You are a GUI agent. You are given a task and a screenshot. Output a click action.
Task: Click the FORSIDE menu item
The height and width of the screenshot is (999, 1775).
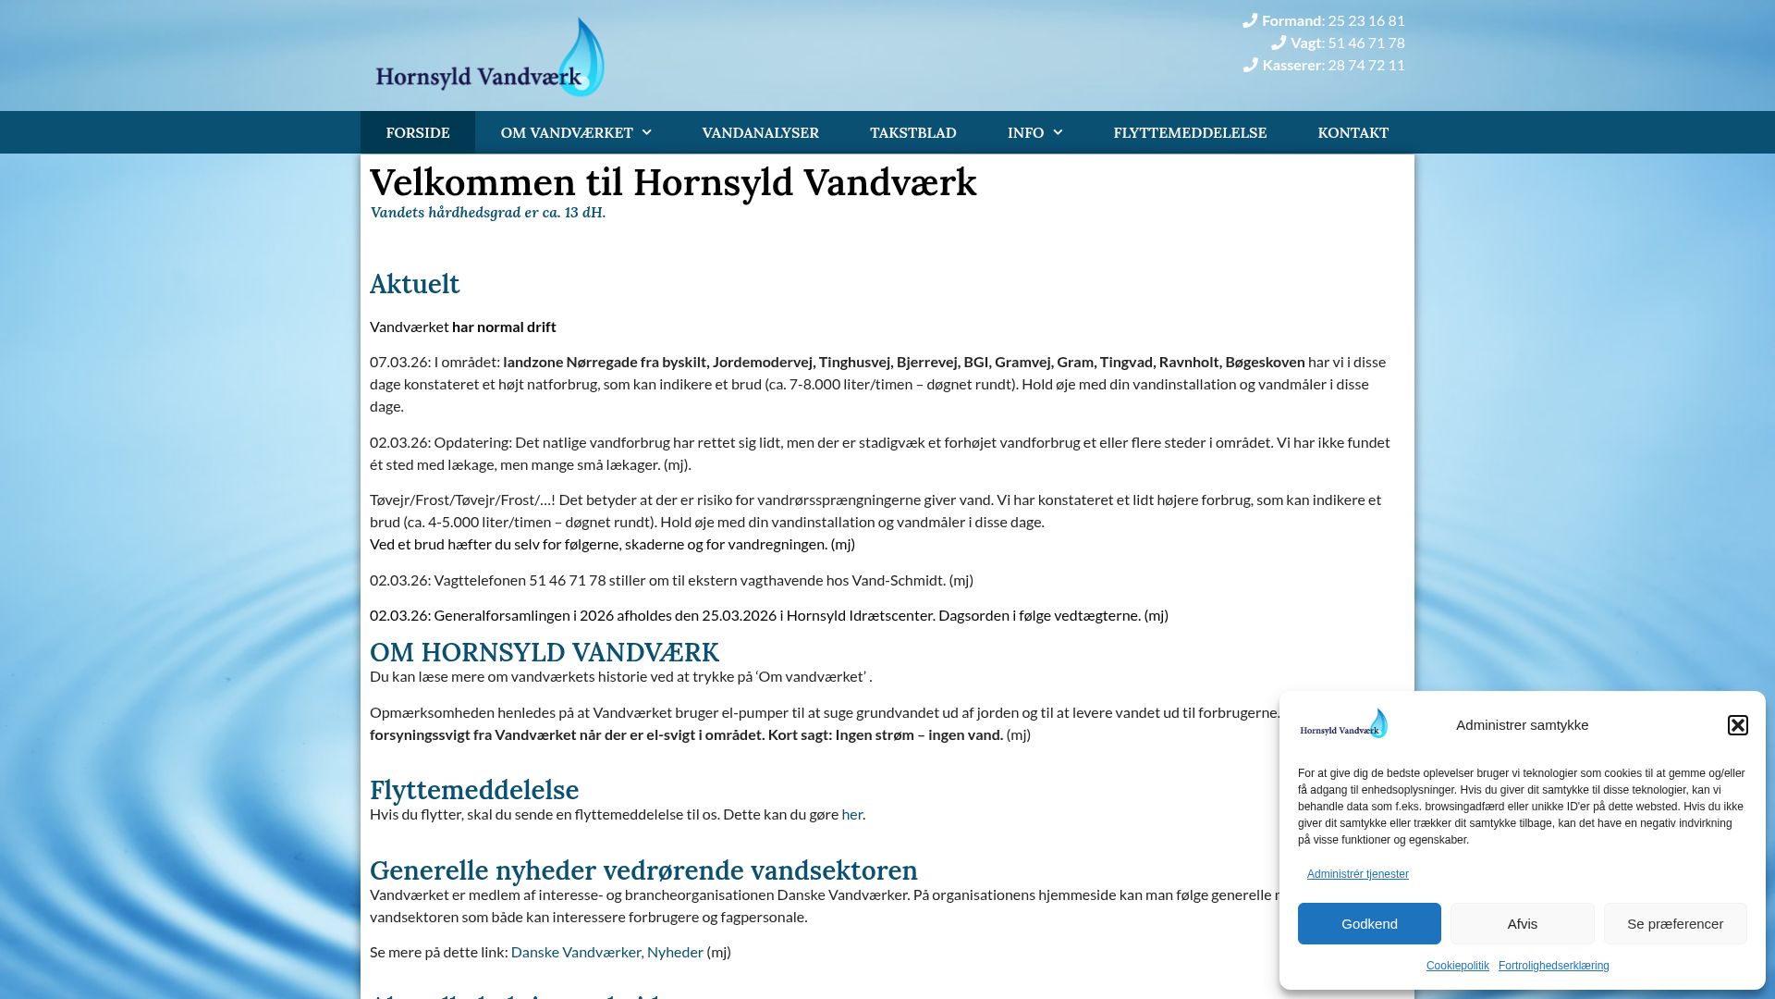[x=418, y=132]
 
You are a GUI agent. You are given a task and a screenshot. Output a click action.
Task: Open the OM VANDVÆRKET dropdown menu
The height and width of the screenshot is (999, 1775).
[x=575, y=132]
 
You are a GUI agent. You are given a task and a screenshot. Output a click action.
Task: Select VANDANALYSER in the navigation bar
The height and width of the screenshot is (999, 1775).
[x=760, y=132]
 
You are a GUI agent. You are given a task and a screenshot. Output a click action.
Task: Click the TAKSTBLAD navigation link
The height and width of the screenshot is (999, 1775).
[x=912, y=132]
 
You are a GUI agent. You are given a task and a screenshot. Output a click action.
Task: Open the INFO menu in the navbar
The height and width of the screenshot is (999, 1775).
[x=1034, y=132]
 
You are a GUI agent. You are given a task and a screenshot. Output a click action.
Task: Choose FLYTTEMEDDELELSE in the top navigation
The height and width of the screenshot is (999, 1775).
[x=1190, y=132]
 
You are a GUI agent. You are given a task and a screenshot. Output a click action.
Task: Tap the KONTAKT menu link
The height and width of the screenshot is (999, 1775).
[x=1353, y=132]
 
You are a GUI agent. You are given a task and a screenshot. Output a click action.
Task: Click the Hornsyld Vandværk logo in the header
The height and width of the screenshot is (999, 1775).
[x=490, y=59]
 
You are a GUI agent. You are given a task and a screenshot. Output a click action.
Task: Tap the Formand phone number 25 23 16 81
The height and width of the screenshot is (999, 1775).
[x=1365, y=20]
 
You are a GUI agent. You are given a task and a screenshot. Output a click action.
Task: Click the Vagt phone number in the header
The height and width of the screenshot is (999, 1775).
[x=1365, y=43]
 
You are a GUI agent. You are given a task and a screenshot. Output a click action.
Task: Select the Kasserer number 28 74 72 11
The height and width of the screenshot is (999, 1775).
[x=1365, y=65]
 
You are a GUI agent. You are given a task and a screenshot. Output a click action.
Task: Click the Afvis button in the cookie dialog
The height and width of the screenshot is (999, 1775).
[x=1522, y=923]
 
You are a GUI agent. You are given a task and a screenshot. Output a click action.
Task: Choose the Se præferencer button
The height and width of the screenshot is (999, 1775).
[x=1674, y=923]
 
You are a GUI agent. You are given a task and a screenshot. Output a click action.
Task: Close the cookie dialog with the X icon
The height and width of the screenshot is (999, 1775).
[x=1737, y=724]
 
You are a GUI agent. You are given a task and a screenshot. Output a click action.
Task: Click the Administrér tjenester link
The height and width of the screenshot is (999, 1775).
[x=1357, y=874]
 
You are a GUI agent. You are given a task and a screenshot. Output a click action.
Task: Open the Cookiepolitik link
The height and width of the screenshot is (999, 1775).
[x=1457, y=966]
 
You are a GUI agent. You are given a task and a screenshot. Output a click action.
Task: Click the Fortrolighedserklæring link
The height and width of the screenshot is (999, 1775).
[x=1553, y=966]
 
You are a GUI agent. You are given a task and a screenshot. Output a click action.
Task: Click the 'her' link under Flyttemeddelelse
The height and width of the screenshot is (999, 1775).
[x=851, y=814]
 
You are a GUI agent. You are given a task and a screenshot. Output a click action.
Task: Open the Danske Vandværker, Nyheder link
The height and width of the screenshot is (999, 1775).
[x=606, y=952]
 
